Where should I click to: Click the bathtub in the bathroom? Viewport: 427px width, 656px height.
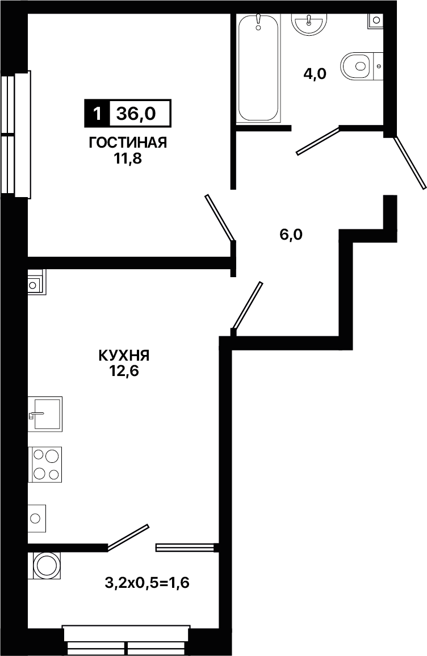tap(258, 68)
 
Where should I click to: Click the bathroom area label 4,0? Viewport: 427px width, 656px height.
tap(315, 74)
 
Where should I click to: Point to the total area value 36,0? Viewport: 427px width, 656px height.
tap(136, 114)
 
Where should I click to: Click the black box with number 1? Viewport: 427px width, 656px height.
tap(98, 114)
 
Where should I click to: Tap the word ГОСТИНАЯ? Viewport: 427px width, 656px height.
tap(128, 143)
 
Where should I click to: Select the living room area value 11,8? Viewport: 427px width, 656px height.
tap(128, 159)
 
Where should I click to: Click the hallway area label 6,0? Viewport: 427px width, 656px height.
tap(291, 235)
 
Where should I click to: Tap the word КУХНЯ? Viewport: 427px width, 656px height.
tap(124, 356)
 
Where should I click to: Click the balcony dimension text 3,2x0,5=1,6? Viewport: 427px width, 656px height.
tap(147, 582)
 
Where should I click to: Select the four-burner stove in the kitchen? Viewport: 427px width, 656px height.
tap(45, 465)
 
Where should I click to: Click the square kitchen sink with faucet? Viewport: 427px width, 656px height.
tap(45, 414)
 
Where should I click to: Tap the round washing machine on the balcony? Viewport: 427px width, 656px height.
tap(45, 565)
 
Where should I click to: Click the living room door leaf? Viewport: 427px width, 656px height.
tap(220, 218)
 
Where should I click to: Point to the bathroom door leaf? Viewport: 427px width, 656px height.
tap(319, 141)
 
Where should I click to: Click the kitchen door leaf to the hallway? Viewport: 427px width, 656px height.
tap(248, 306)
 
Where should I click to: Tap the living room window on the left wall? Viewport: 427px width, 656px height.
tap(16, 134)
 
